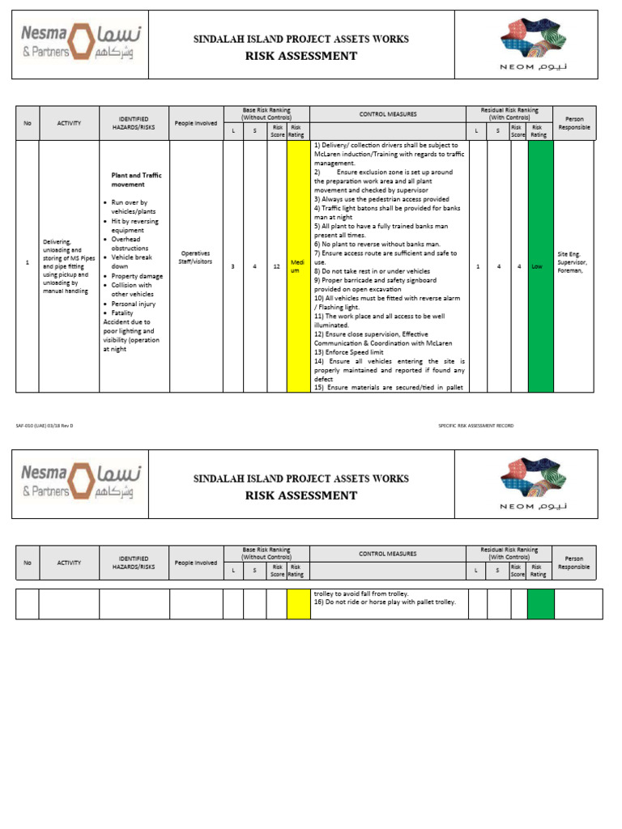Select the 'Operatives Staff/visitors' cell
pos(195,257)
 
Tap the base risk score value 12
pos(277,266)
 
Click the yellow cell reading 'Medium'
pos(297,266)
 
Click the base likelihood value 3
pos(233,266)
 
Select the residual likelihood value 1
pos(477,266)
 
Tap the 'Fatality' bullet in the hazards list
pos(122,312)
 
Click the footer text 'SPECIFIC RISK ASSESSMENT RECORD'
pos(475,426)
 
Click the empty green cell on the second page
pos(540,604)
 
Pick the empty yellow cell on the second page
pos(297,604)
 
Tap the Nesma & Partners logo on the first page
pos(79,44)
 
